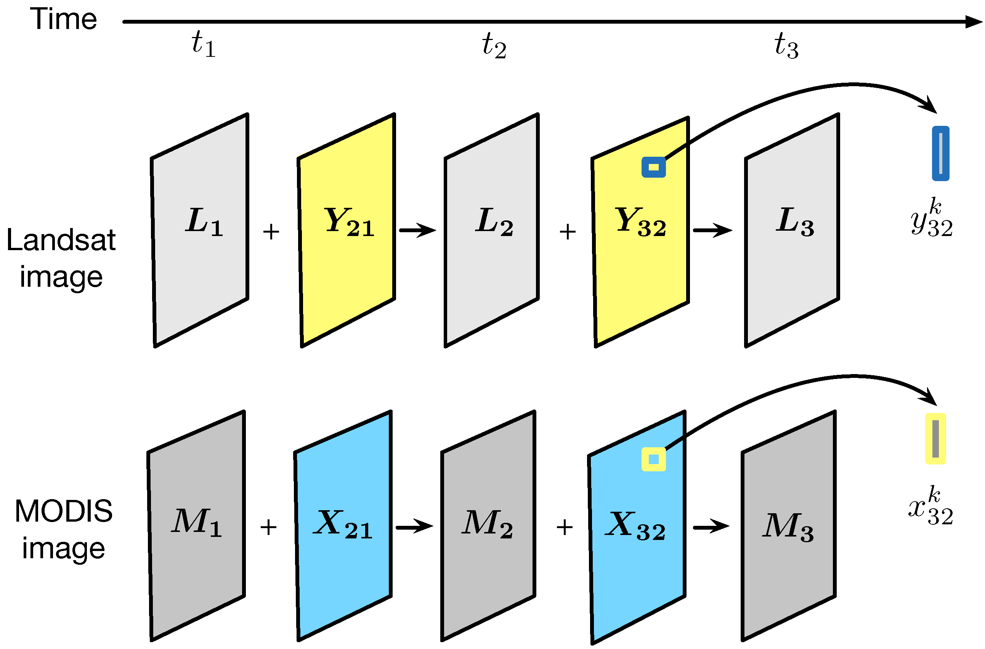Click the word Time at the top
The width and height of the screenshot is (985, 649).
coord(63,19)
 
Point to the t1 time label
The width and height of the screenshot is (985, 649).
coord(203,44)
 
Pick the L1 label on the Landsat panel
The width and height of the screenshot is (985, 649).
coord(204,222)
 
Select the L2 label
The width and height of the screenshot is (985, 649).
coord(494,222)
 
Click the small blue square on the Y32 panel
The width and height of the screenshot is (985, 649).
coord(653,167)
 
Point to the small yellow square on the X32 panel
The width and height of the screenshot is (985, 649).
coord(653,459)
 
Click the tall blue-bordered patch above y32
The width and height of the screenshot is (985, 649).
coord(941,154)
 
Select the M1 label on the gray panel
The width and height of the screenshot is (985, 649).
coord(197,523)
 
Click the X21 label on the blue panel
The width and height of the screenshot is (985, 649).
coord(343,525)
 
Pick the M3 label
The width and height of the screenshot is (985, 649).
coord(788,527)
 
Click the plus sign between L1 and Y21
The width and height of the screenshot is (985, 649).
coord(271,231)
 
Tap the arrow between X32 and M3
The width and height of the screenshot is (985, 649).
coord(711,527)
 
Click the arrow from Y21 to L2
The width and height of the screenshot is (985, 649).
coord(417,230)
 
